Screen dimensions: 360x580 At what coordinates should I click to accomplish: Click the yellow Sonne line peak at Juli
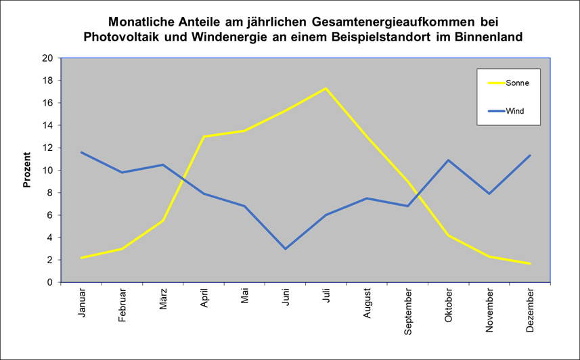[326, 89]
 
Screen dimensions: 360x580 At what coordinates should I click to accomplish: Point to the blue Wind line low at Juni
[286, 248]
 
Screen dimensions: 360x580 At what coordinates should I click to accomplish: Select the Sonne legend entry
[517, 83]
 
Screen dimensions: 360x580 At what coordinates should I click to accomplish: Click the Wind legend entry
[516, 111]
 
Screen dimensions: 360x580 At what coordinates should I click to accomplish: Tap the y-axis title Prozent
[28, 170]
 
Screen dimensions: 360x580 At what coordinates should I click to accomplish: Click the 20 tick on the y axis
[47, 58]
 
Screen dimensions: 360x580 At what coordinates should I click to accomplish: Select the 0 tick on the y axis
[50, 282]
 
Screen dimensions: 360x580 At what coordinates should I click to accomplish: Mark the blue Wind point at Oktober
[448, 160]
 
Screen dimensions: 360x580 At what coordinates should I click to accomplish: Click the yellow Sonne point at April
[204, 137]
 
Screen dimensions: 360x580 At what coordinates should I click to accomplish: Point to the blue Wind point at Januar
[82, 152]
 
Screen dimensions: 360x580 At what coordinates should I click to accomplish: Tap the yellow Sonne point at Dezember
[530, 264]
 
